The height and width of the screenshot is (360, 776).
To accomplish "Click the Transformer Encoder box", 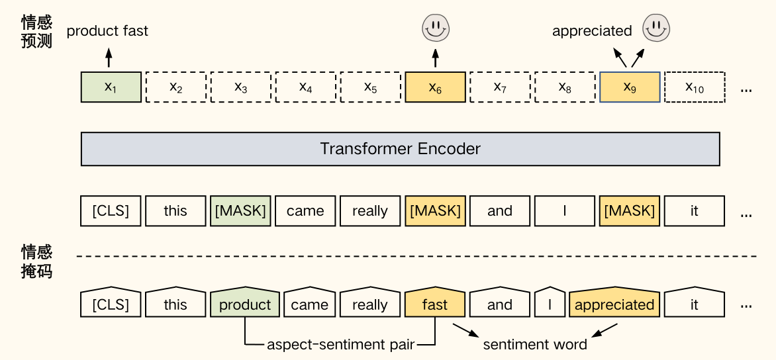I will (400, 149).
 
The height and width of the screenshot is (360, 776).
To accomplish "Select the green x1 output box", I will (111, 87).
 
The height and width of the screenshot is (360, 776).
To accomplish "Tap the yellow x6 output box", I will (435, 87).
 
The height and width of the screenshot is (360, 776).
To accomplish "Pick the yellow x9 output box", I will (630, 87).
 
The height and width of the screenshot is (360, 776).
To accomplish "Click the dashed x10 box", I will (695, 87).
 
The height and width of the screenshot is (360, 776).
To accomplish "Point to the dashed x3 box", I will (240, 87).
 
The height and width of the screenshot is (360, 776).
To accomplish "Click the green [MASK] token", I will (240, 210).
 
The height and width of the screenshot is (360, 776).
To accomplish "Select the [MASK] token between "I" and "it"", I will (630, 210).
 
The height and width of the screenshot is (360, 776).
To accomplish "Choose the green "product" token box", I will (245, 304).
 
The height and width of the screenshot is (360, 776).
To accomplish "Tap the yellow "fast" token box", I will (435, 304).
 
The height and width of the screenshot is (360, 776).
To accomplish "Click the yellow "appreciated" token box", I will (614, 304).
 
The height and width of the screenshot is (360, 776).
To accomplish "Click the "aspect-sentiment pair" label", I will (340, 345).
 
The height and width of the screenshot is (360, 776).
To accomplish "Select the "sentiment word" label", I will (535, 345).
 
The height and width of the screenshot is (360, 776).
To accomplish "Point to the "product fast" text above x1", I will (108, 30).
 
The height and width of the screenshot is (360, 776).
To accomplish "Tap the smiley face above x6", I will (435, 28).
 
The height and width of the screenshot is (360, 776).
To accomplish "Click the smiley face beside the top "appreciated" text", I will (657, 28).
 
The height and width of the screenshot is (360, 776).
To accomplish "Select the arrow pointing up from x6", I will (435, 58).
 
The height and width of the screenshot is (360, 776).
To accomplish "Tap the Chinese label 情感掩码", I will (36, 261).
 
